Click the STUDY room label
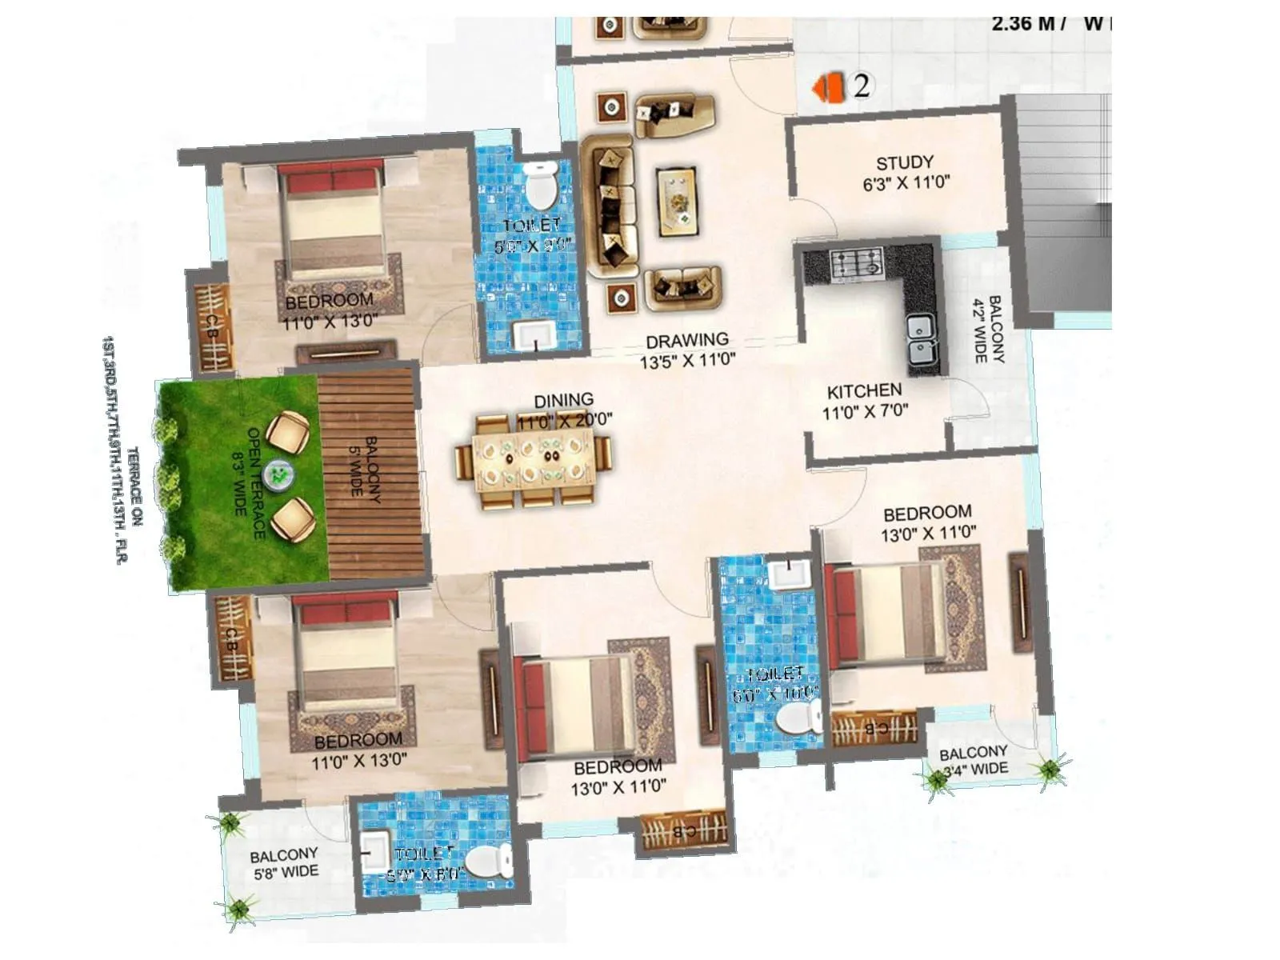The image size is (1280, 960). (x=905, y=172)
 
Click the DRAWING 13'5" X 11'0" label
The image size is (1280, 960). (x=687, y=350)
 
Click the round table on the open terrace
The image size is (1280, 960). (x=279, y=474)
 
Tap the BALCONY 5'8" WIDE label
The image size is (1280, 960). (x=284, y=862)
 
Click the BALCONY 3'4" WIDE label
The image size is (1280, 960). (x=973, y=761)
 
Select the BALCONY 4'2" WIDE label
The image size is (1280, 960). (x=989, y=329)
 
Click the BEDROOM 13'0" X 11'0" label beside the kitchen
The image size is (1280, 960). (x=928, y=522)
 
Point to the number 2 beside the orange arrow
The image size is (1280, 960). (x=862, y=86)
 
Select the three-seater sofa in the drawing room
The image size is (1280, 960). (x=609, y=206)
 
